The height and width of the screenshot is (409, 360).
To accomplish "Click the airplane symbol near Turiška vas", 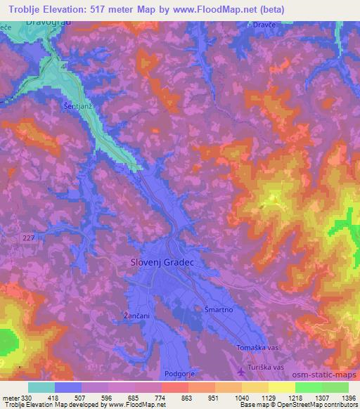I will (242, 370).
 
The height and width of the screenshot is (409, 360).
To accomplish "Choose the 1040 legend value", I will (241, 396).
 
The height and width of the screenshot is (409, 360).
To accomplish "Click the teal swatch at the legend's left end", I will (41, 387).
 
